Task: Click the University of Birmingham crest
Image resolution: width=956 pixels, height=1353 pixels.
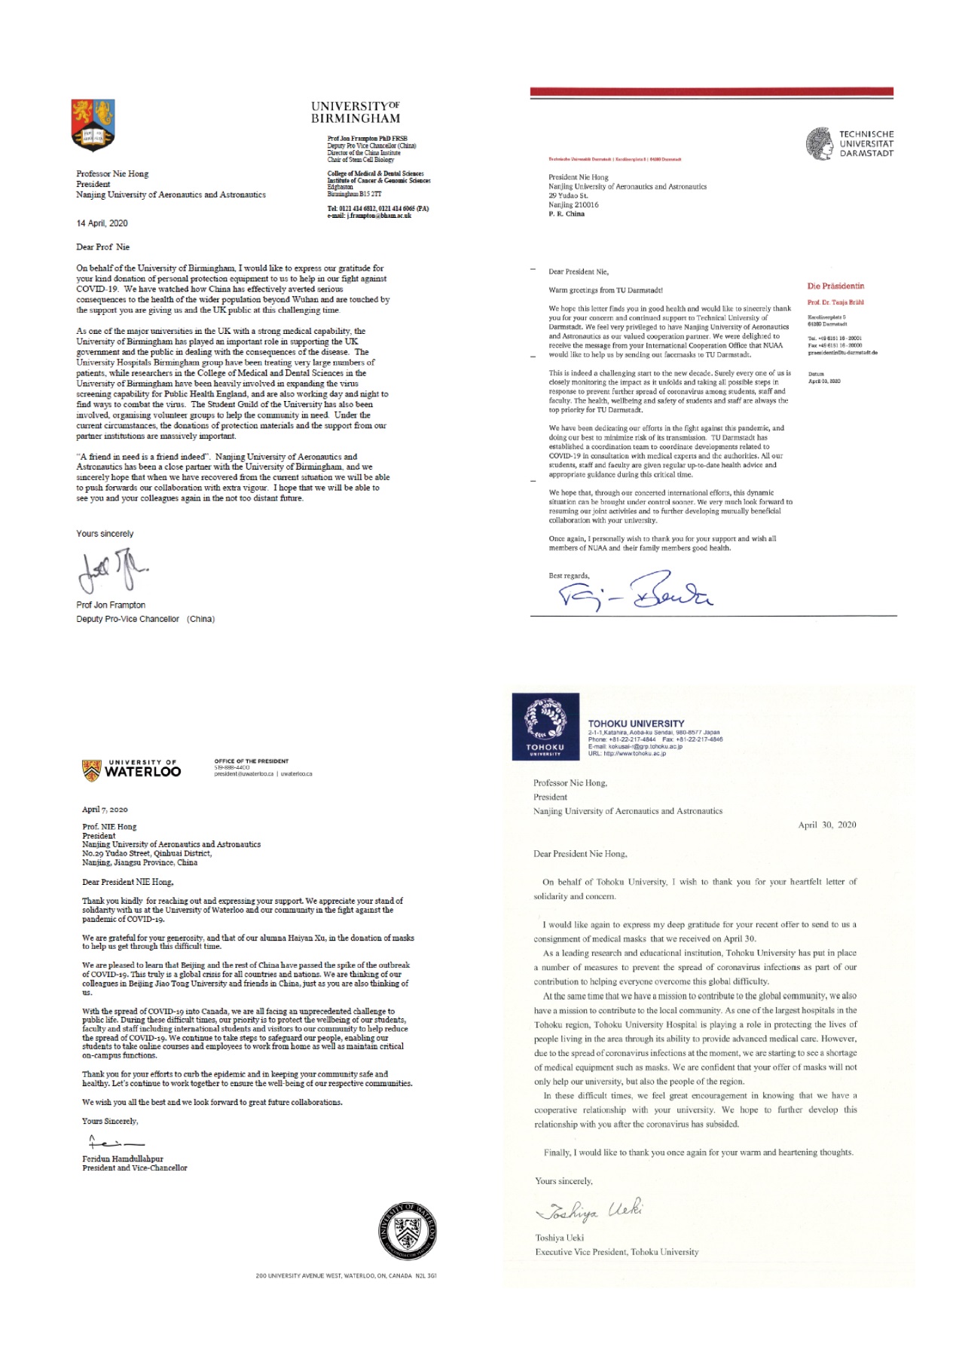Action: point(93,124)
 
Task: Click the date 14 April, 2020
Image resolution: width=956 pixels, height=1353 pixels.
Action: point(102,223)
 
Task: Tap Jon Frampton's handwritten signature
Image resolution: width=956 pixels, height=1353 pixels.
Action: point(112,571)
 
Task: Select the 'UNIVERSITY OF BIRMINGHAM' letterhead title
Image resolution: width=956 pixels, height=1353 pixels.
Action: point(356,112)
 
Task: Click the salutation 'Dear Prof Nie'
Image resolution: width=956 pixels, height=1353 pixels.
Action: point(102,247)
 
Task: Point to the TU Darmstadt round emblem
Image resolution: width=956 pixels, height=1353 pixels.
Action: point(819,143)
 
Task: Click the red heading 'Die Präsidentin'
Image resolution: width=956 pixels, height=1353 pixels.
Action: point(835,286)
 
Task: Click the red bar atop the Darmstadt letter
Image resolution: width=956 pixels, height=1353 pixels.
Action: point(711,92)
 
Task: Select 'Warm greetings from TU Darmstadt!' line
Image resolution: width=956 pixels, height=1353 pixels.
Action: point(606,290)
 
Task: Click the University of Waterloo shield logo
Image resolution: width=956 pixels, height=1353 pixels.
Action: point(91,770)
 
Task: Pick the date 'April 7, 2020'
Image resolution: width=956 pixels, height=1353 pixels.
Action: point(105,810)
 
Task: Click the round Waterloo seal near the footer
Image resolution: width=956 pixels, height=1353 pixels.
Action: point(408,1233)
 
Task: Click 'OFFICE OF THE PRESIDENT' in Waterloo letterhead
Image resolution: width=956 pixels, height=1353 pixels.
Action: point(251,761)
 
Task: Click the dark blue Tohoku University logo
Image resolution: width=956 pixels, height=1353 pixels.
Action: point(545,725)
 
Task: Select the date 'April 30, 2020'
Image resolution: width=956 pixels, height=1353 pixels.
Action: point(826,825)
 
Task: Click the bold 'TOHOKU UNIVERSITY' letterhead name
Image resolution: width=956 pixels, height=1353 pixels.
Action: point(636,724)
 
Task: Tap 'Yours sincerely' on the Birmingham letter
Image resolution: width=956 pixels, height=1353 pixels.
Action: point(105,534)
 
